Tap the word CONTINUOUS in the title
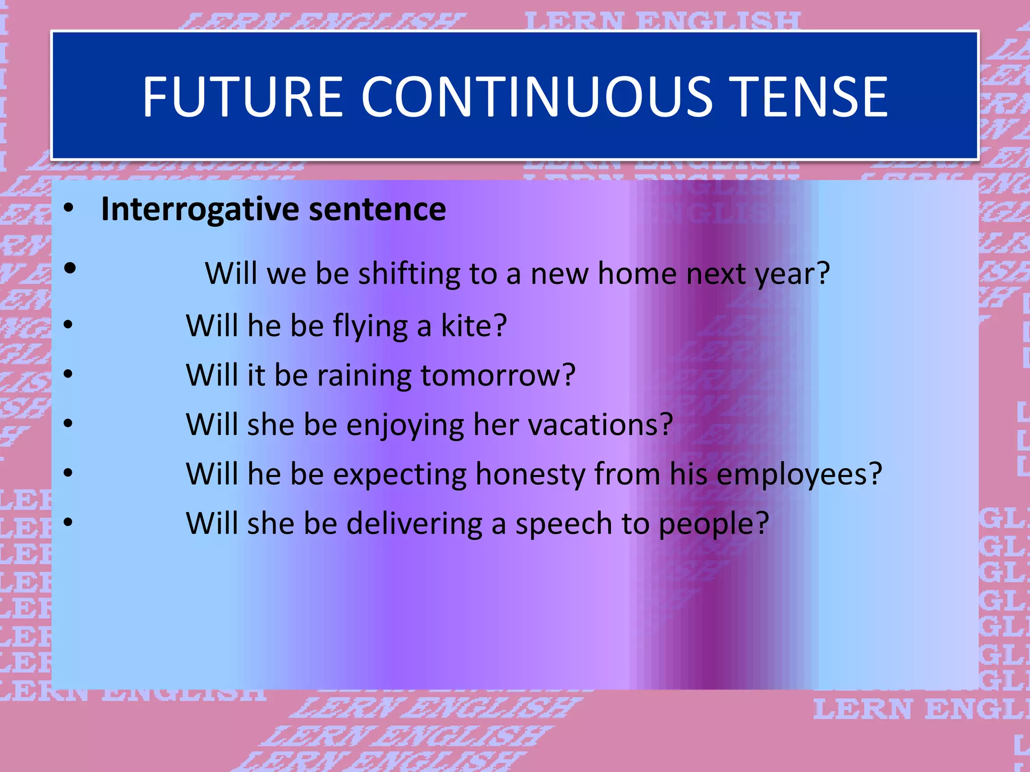click(536, 96)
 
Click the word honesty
click(530, 474)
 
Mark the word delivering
click(414, 524)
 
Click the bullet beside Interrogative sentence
click(69, 208)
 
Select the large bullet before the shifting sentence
click(70, 268)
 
